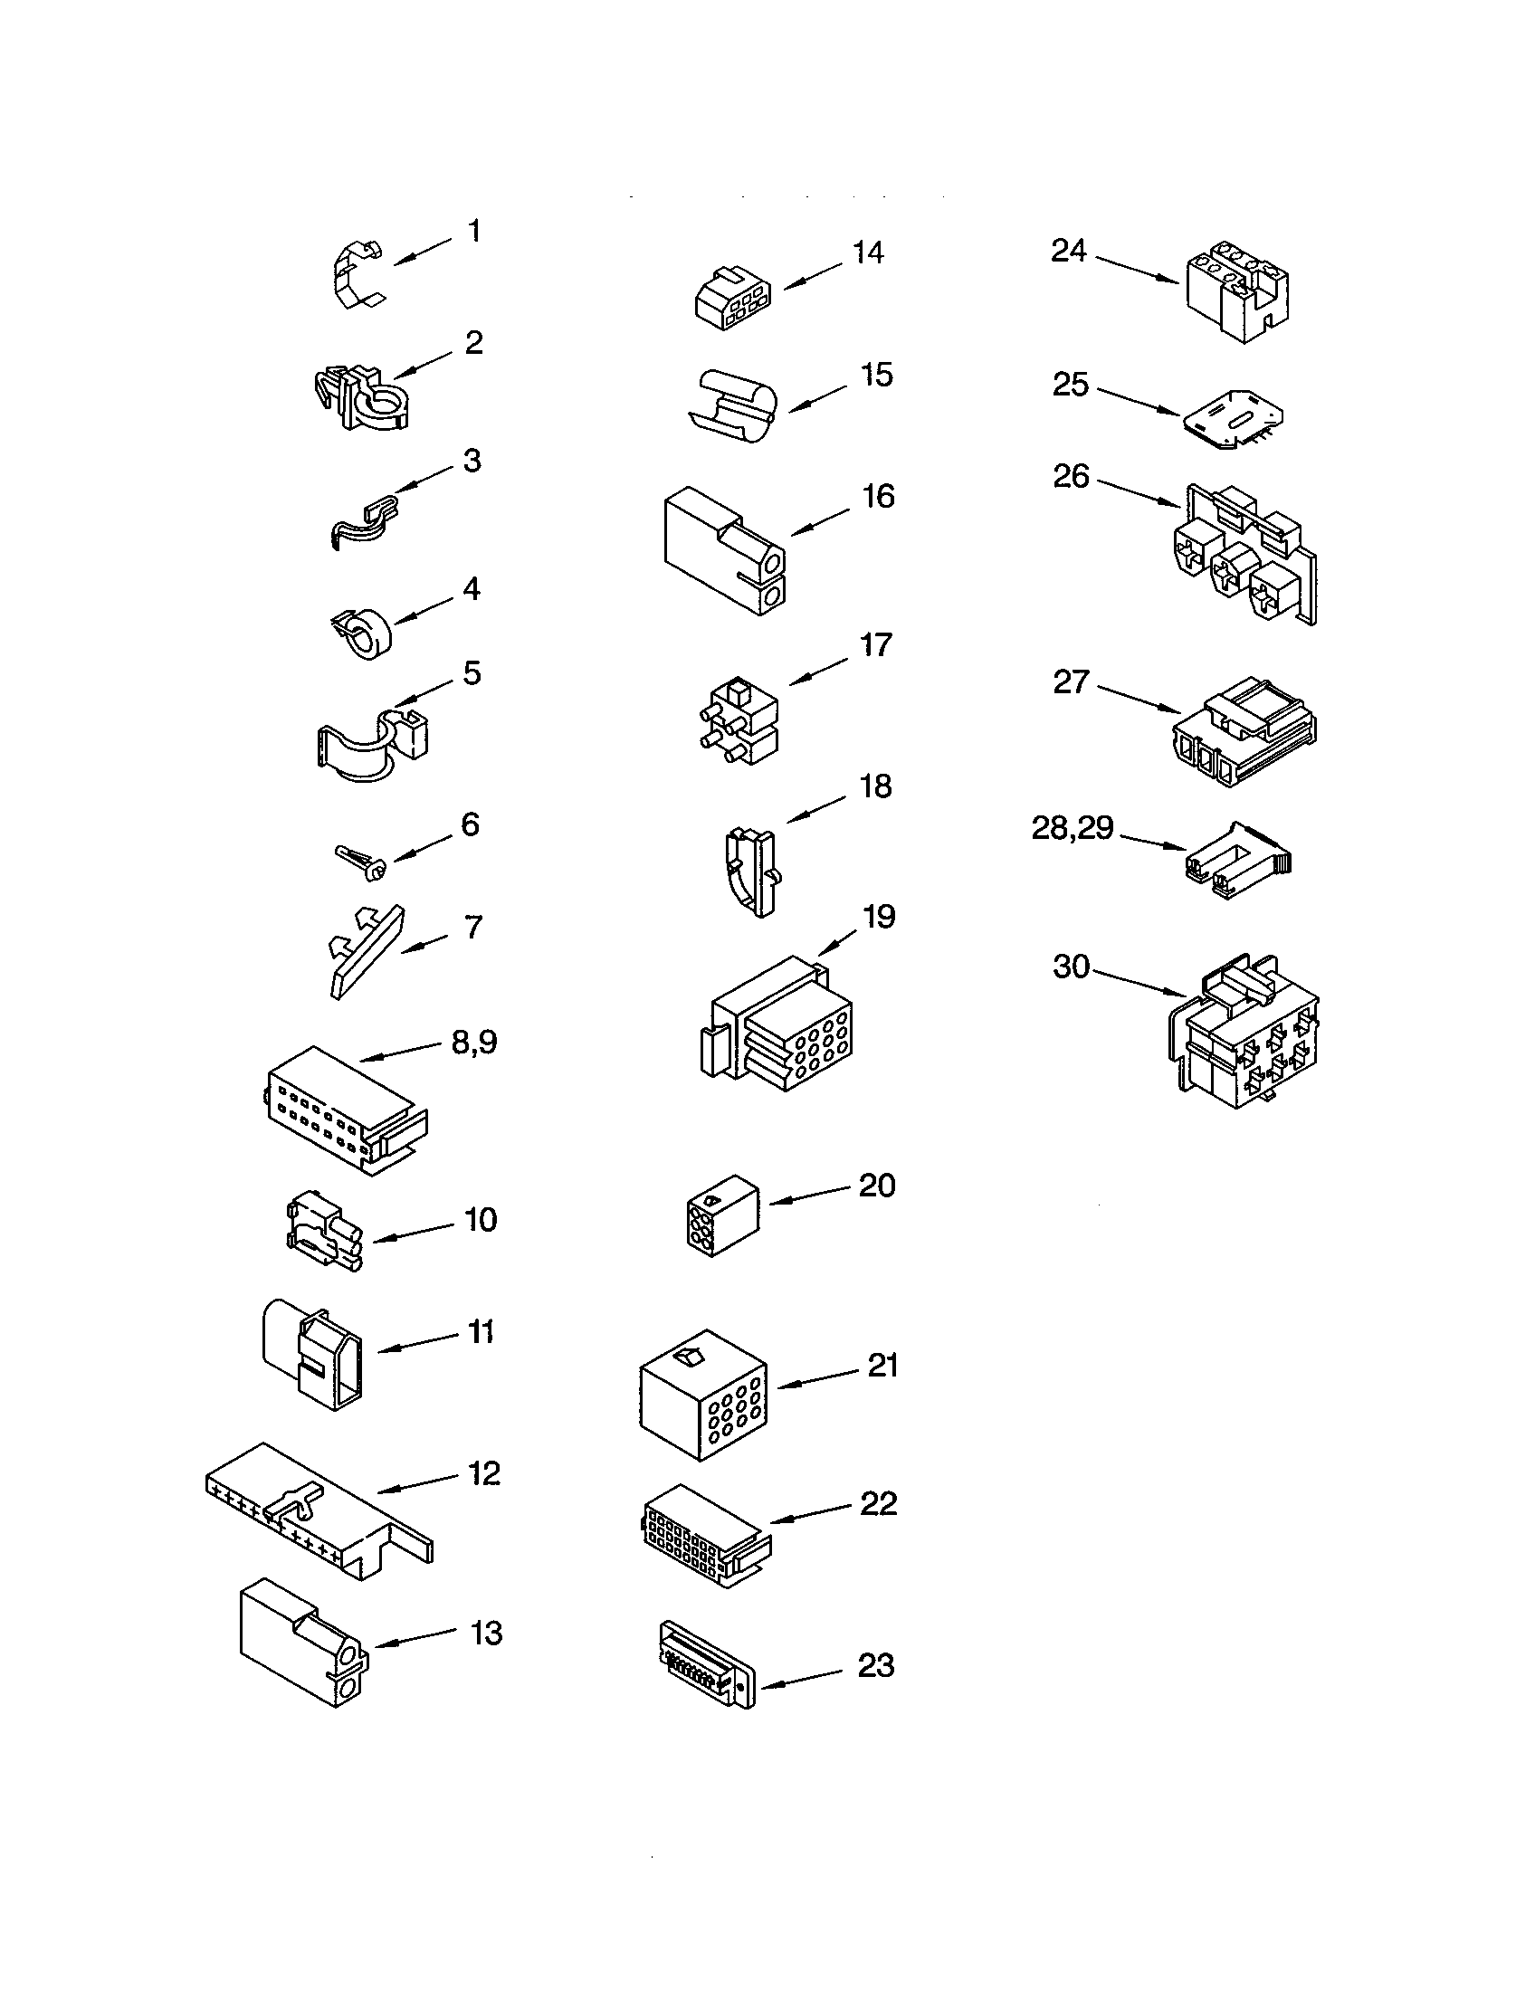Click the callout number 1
point(474,232)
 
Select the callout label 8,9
point(474,1042)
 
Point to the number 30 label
point(1071,967)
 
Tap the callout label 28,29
point(1072,828)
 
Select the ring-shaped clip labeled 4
point(362,631)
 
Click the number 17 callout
point(876,645)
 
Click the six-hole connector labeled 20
point(721,1216)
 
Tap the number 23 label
point(876,1665)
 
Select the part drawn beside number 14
point(732,298)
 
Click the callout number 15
point(876,375)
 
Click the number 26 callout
point(1071,476)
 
